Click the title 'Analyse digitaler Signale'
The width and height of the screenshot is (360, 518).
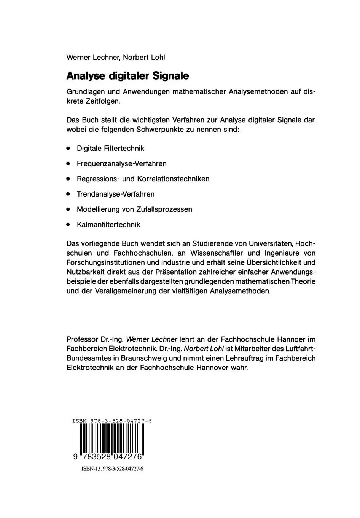coord(127,76)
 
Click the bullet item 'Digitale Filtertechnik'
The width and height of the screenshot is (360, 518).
coord(110,148)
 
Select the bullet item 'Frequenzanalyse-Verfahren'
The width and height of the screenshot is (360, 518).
coord(121,163)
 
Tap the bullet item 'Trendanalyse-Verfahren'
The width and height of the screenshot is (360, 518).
coord(115,194)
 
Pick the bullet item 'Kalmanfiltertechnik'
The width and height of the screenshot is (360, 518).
coord(108,224)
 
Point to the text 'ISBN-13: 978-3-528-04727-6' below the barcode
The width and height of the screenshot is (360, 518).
coord(112,469)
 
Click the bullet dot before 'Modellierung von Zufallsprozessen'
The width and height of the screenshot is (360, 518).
coord(68,209)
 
